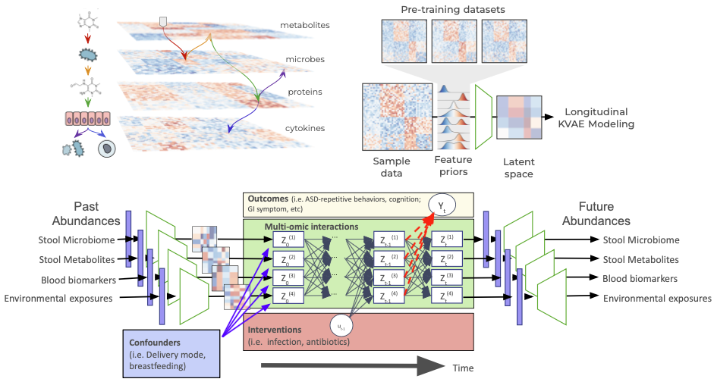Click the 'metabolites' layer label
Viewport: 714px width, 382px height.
304,25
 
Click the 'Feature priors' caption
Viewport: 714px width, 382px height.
453,167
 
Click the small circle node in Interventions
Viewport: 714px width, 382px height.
340,327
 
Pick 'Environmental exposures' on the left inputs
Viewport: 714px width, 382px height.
58,298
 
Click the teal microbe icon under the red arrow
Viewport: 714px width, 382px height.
89,55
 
